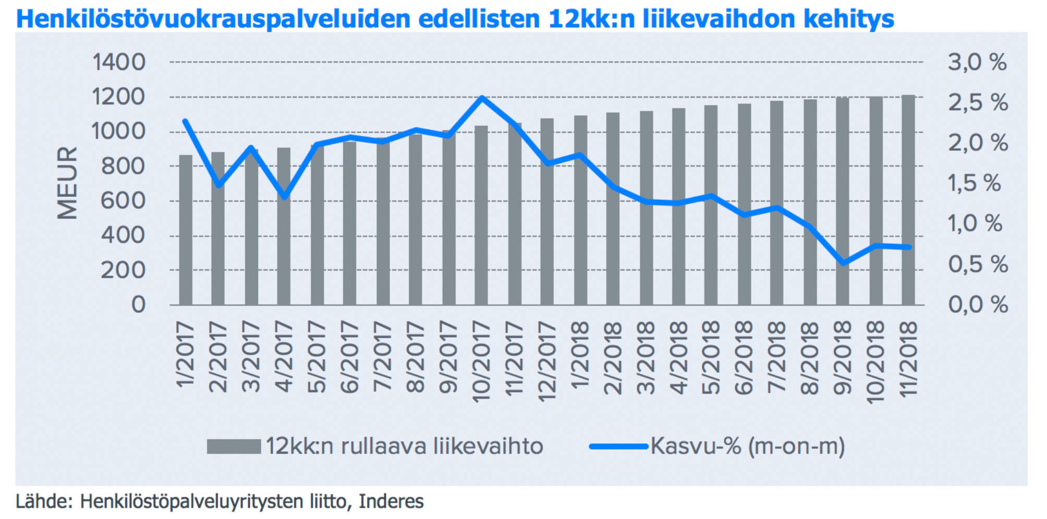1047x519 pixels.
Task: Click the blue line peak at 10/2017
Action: (482, 98)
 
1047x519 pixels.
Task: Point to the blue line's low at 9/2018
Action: (843, 263)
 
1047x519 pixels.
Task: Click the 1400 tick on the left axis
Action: (119, 62)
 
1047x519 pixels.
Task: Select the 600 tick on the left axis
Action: (123, 200)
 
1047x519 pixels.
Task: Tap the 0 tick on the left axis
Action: (138, 304)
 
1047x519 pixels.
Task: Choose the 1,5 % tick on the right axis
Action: (974, 183)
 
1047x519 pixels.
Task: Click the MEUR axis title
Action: (67, 183)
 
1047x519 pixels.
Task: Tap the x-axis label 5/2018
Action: (711, 358)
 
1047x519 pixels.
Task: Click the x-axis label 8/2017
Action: (416, 358)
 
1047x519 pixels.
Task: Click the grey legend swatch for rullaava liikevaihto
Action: (234, 446)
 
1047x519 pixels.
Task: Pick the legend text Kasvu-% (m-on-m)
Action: (747, 446)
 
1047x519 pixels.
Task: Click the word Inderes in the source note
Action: (391, 501)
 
